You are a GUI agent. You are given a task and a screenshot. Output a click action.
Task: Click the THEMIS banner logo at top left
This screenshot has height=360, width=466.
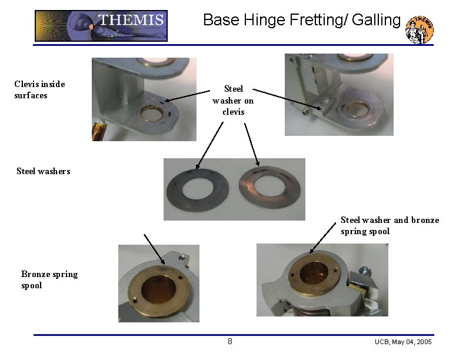pos(101,25)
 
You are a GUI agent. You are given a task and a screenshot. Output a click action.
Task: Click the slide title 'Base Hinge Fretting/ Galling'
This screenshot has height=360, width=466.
pos(301,20)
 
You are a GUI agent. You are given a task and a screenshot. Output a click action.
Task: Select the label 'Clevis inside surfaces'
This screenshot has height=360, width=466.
pos(39,89)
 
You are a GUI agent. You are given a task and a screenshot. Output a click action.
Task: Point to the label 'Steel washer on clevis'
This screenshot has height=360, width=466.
pos(233,100)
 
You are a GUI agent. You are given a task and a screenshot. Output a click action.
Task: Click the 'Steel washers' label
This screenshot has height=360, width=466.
pos(43,171)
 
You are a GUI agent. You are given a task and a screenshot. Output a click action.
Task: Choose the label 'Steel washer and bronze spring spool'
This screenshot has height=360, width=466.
pos(390,225)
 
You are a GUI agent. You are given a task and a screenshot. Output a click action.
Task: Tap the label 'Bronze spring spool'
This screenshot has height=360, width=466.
pos(49,279)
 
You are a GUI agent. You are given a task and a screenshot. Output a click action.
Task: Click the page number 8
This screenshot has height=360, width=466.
pos(230,341)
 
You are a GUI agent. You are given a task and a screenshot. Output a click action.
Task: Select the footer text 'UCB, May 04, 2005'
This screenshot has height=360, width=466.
pos(403,342)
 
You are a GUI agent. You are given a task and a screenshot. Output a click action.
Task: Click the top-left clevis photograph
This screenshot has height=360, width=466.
pos(144,99)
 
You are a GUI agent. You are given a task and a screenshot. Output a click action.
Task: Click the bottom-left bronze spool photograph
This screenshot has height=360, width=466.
pos(158,283)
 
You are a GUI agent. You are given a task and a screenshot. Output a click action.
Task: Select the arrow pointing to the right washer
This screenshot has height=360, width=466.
pos(251,144)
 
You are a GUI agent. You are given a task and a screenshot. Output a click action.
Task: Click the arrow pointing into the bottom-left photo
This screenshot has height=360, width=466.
pos(154,247)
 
